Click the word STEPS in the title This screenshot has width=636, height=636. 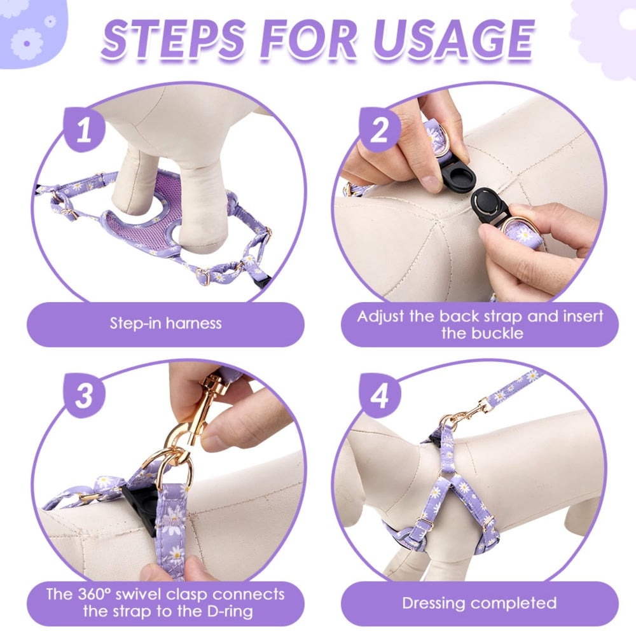click(174, 39)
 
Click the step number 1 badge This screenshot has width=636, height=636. click(85, 129)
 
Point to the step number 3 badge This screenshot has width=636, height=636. click(85, 396)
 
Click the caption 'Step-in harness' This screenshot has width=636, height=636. click(166, 323)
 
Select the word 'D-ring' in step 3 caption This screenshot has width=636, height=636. click(230, 611)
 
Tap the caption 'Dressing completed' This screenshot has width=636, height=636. click(480, 603)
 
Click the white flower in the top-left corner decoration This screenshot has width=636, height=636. click(27, 43)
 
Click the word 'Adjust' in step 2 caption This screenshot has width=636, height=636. click(381, 317)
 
